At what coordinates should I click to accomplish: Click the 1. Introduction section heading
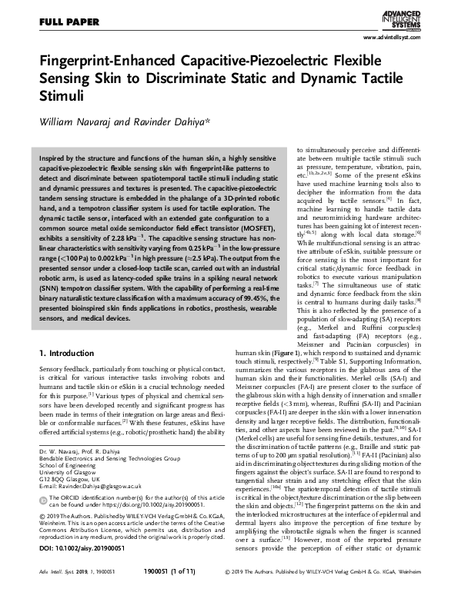click(x=65, y=355)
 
